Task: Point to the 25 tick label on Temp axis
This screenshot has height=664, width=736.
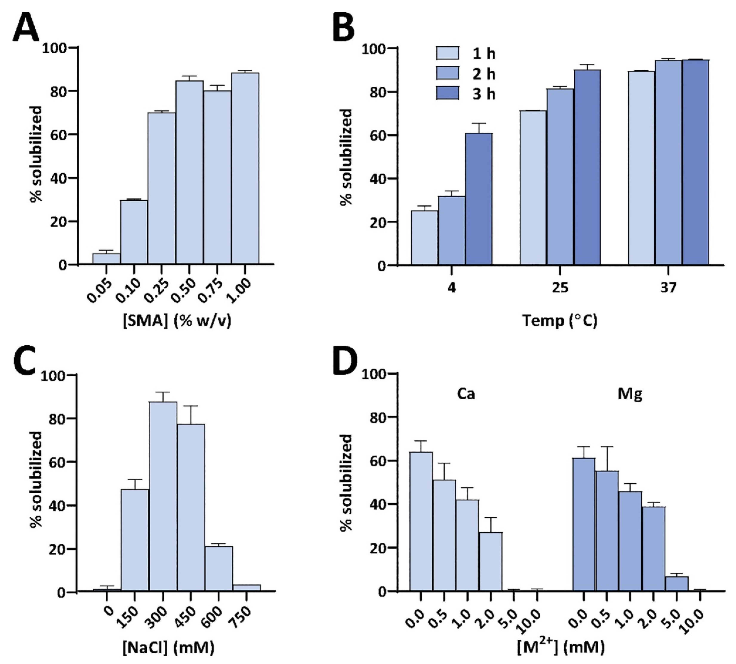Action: pos(560,288)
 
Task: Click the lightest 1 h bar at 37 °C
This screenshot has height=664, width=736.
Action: pos(641,168)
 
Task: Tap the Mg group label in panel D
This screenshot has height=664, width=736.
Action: pos(630,394)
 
